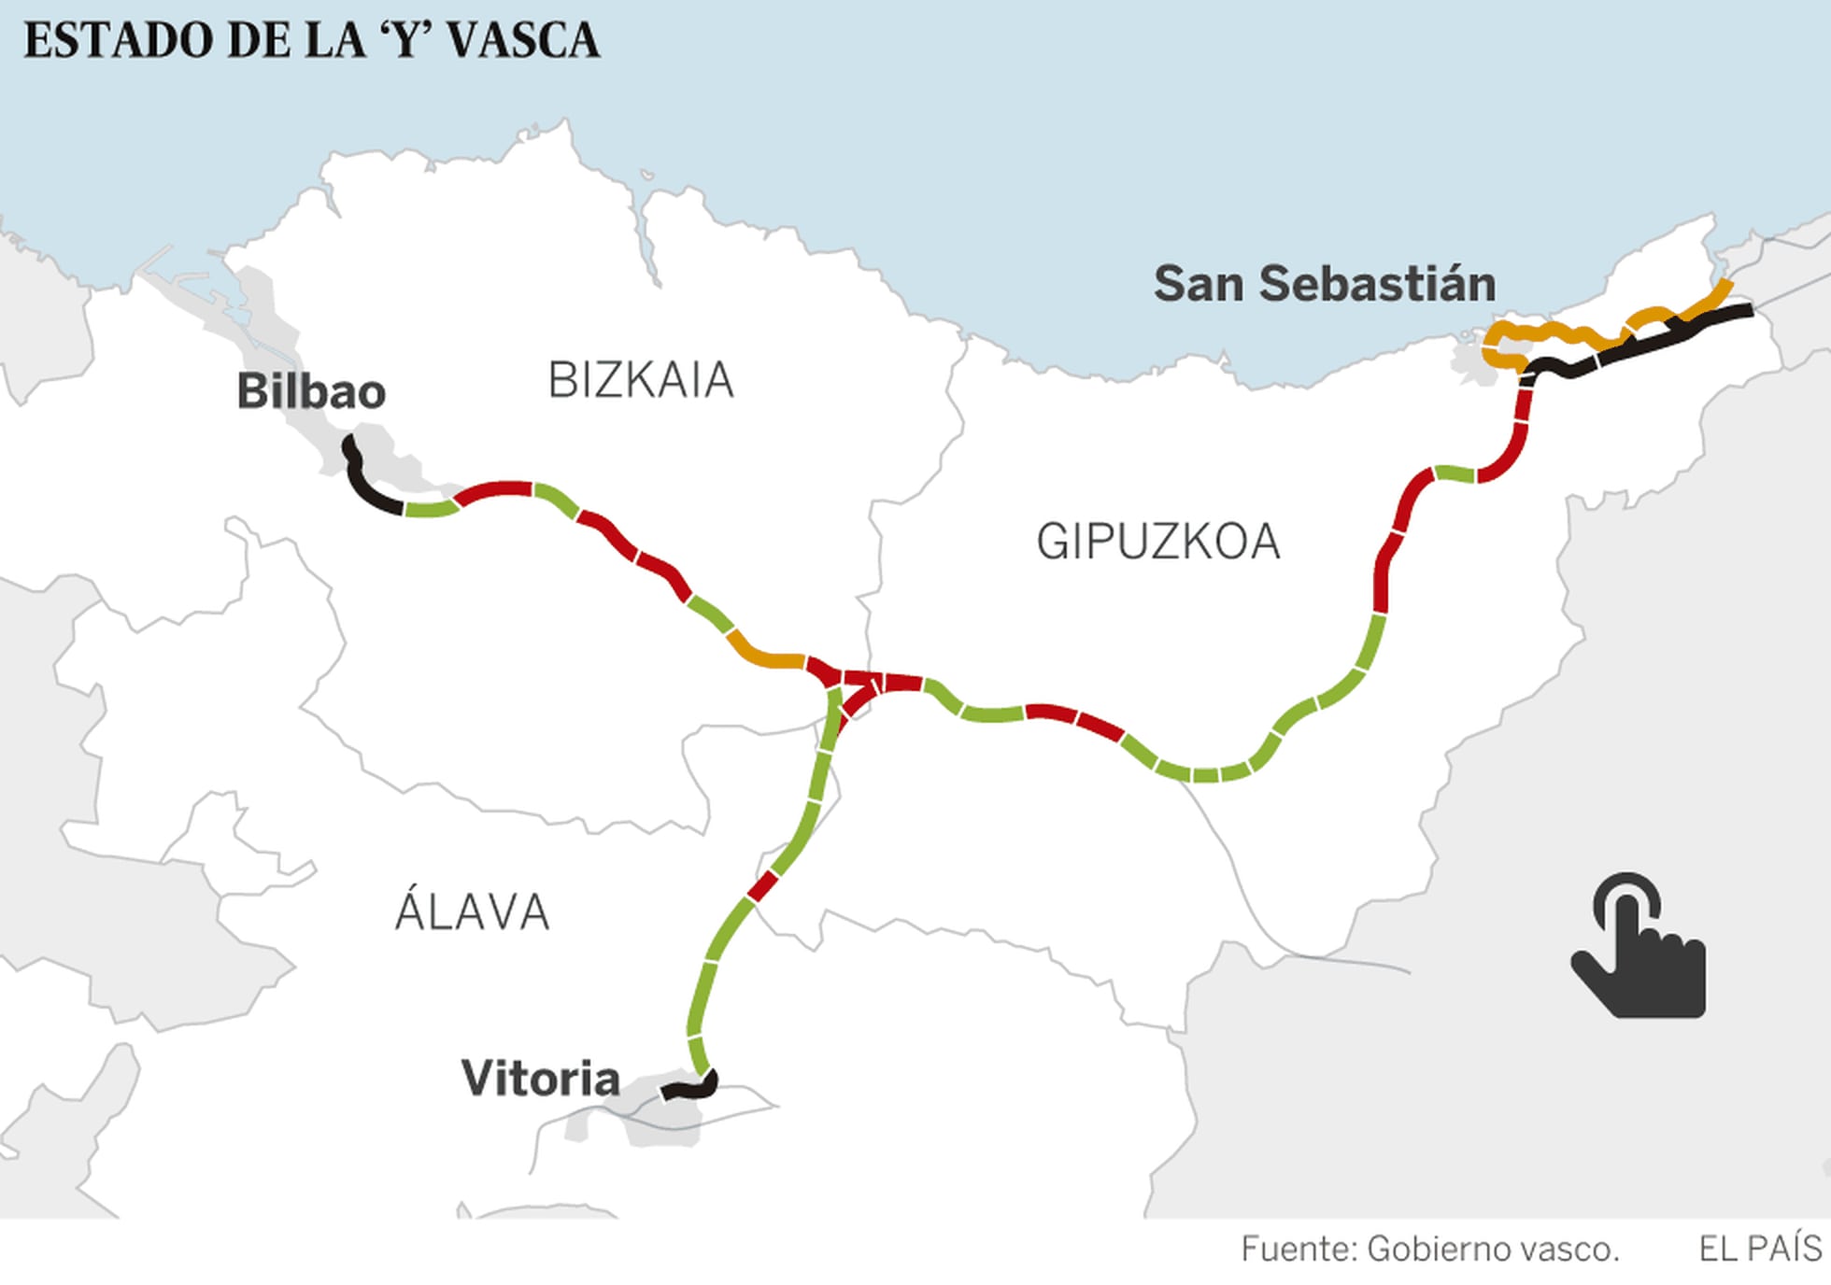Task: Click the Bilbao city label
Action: click(x=311, y=391)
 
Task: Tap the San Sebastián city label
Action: click(x=1324, y=284)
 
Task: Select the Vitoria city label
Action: click(x=540, y=1079)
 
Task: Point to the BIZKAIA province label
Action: click(x=641, y=380)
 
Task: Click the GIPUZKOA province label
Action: click(x=1157, y=542)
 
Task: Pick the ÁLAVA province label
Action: click(x=472, y=912)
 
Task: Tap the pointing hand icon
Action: click(x=1639, y=947)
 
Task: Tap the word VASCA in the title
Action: click(x=523, y=41)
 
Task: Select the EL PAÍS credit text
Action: click(x=1759, y=1249)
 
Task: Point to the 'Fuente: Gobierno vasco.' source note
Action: click(x=1429, y=1249)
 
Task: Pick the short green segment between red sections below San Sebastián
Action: click(x=1455, y=473)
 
